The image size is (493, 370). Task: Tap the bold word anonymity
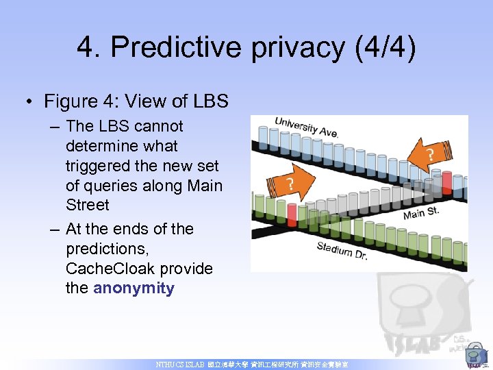134,288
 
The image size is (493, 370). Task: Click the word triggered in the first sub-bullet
98,166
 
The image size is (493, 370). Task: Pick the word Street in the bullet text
87,205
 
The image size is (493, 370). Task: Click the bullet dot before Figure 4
29,102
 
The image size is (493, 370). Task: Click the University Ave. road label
306,127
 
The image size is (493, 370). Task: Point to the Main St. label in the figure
420,212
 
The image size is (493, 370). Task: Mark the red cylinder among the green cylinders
292,214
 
